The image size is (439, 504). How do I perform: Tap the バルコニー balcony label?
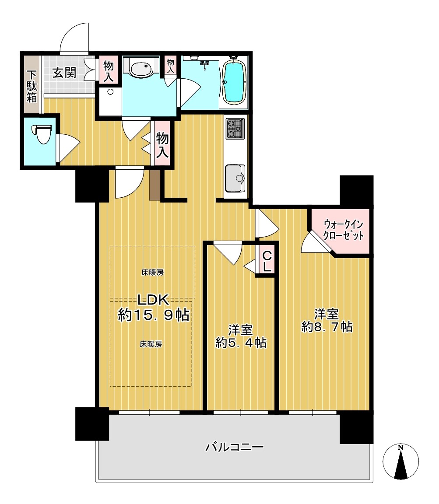coord(235,447)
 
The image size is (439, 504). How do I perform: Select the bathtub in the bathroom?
coord(235,82)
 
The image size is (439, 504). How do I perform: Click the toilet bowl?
coord(42,134)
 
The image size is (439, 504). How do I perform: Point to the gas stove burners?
coord(235,129)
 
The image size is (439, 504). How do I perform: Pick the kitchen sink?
coord(235,178)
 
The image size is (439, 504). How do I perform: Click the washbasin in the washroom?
coord(141,68)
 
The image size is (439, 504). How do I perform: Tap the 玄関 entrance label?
coord(64,73)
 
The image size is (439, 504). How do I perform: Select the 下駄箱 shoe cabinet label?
coord(32,87)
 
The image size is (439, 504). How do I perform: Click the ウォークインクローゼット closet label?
coord(343,230)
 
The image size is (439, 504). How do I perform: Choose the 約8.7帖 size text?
coord(327,327)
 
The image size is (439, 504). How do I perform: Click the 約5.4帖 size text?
coord(241,343)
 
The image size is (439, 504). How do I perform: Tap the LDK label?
coord(153,300)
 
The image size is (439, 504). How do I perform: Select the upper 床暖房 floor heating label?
coord(152,273)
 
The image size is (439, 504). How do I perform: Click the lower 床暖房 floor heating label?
coord(151,344)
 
